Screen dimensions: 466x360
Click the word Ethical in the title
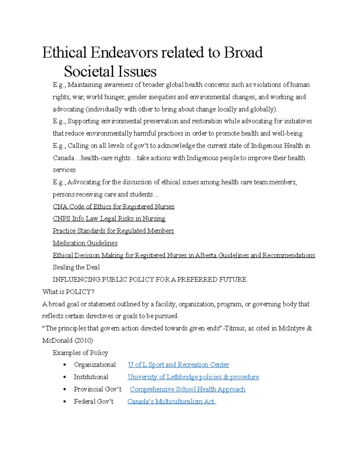pos(64,53)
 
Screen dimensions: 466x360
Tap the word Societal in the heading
pos(89,72)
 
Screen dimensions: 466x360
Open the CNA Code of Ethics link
pos(113,206)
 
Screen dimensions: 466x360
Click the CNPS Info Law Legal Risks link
pos(109,218)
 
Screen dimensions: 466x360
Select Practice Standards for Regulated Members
pos(113,231)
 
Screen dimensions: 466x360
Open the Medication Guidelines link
pos(85,243)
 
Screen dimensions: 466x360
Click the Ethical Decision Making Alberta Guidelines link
pos(184,255)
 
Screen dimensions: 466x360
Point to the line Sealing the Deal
pos(76,267)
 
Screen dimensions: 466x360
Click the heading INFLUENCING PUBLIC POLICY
pos(149,280)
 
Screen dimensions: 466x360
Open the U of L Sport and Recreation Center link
pos(178,365)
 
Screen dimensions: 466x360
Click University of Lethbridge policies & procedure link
pos(193,377)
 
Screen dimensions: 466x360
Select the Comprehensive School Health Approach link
pos(187,389)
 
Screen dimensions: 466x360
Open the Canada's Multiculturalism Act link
pos(171,401)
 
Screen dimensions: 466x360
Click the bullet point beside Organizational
pos(64,365)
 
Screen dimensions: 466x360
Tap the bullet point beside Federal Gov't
pos(64,402)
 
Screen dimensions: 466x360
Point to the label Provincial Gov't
pos(97,389)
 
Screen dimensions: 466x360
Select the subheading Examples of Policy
pos(80,353)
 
